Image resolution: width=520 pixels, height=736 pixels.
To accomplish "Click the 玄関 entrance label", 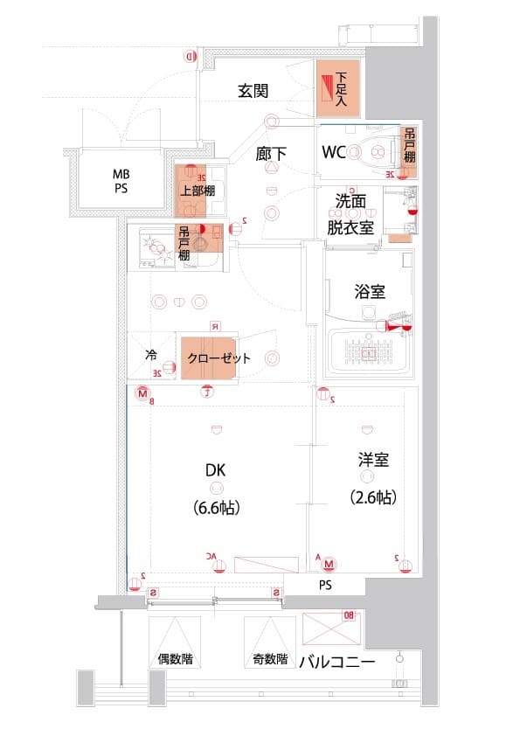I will click(x=253, y=90).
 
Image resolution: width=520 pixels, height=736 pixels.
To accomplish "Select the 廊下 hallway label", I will click(x=272, y=153).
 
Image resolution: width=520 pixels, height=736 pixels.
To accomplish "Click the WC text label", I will click(x=335, y=152).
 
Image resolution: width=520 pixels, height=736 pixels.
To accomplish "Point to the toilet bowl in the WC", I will click(x=374, y=153).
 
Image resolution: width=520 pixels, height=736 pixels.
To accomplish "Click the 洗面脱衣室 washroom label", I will click(x=350, y=212).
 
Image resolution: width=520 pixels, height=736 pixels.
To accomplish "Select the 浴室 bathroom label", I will click(x=371, y=291).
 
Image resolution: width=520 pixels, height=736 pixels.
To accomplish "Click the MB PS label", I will click(x=120, y=181).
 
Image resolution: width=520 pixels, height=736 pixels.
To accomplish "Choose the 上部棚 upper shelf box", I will click(x=198, y=191).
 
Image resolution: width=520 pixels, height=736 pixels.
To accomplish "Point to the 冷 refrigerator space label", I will click(x=150, y=356).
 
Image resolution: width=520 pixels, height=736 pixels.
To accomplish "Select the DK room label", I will click(x=216, y=470).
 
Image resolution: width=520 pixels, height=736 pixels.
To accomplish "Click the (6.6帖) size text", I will click(x=216, y=506).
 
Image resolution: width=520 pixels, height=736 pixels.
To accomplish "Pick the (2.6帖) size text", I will click(x=373, y=496).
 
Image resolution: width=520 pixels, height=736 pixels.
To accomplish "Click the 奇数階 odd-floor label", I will click(x=269, y=659).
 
